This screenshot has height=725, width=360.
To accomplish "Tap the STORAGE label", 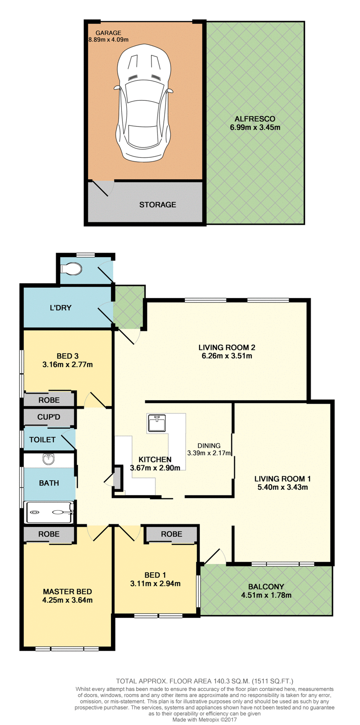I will pyautogui.click(x=157, y=205).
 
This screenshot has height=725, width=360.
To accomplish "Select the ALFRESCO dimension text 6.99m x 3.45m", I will pyautogui.click(x=255, y=128).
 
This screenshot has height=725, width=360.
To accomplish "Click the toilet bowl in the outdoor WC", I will pyautogui.click(x=72, y=269).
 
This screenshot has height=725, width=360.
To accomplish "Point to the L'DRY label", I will pyautogui.click(x=60, y=308).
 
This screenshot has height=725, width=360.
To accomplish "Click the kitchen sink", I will pyautogui.click(x=157, y=423).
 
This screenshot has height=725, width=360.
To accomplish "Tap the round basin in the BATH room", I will pyautogui.click(x=49, y=459).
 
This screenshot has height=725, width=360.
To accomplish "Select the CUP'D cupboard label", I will pyautogui.click(x=49, y=417).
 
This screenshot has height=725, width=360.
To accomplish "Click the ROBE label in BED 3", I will pyautogui.click(x=49, y=400).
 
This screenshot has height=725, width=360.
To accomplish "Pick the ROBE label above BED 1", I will pyautogui.click(x=171, y=534).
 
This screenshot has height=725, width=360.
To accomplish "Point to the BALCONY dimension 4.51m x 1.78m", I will pyautogui.click(x=266, y=595).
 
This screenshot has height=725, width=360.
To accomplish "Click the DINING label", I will pyautogui.click(x=209, y=446).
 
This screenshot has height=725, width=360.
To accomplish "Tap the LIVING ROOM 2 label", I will pyautogui.click(x=227, y=347).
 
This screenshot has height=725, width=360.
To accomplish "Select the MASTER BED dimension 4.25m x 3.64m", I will pyautogui.click(x=67, y=600).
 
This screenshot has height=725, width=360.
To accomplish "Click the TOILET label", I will pyautogui.click(x=42, y=440).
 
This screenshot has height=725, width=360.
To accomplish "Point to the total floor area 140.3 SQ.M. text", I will pyautogui.click(x=204, y=681).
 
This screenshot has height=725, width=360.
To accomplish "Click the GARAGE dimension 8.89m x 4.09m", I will pyautogui.click(x=108, y=40).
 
